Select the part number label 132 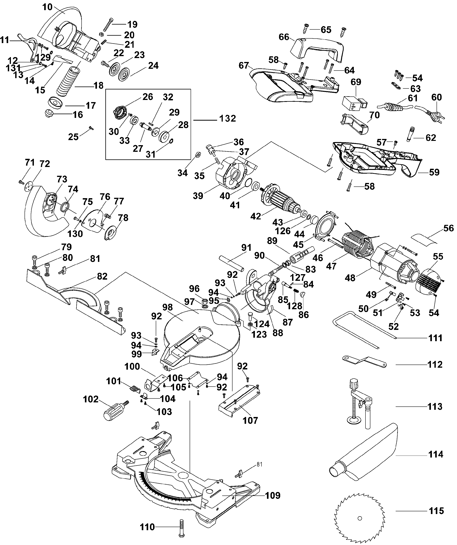coord(227,119)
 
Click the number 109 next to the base coord(273,496)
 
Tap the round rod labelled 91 coord(232,263)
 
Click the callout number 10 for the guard coord(48,7)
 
